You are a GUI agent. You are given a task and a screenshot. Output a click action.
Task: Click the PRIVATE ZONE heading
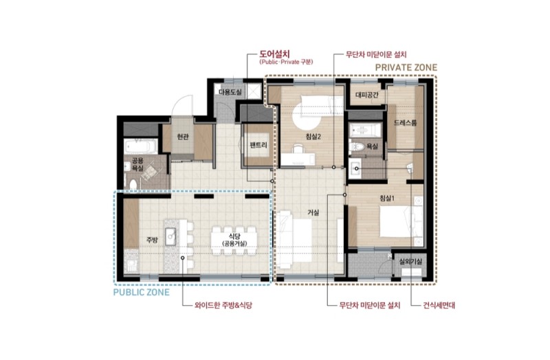pos(406,67)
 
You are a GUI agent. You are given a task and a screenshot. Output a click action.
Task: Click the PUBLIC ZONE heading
pos(142,293)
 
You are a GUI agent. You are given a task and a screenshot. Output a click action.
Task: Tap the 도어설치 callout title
pos(274,54)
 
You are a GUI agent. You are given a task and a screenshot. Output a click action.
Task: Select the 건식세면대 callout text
pos(439,305)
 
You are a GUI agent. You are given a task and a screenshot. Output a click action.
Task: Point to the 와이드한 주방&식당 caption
pos(223,305)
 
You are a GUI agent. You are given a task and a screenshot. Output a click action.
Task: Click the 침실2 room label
pos(313,137)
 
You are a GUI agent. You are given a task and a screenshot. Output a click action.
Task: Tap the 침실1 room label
pos(387,199)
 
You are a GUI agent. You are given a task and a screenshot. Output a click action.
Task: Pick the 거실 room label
pos(313,212)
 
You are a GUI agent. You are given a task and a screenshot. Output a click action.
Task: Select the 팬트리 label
pos(258,145)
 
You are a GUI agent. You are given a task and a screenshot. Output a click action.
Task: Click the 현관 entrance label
pos(183,137)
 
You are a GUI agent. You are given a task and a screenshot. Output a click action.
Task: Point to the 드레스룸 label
pos(405,123)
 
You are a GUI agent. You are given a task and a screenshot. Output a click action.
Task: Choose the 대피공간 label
pos(367,95)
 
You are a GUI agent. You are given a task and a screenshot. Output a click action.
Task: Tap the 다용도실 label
pos(230,92)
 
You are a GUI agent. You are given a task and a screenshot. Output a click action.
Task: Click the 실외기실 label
pos(411,262)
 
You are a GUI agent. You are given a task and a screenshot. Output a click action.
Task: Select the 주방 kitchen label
pos(152,240)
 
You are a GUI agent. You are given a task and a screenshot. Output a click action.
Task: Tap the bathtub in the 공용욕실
pos(140,146)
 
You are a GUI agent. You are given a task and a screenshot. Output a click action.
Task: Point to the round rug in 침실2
pos(307,116)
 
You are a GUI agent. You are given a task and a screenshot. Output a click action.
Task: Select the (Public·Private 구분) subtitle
pos(286,62)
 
